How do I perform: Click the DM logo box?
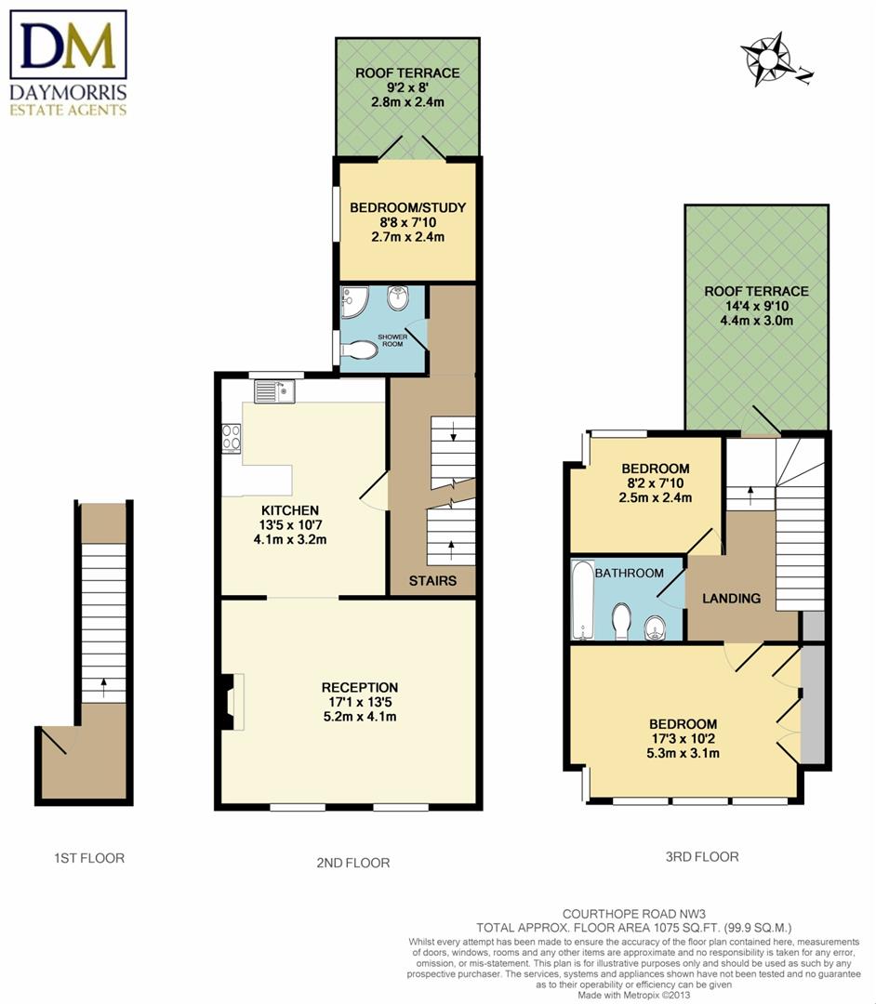68,45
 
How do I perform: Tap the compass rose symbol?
772,59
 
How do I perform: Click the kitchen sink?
274,391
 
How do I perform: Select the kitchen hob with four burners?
232,439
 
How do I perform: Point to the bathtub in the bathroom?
582,600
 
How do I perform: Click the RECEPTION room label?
360,688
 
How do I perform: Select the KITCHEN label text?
290,510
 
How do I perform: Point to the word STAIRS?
432,581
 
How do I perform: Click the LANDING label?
731,598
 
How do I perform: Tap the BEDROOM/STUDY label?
408,207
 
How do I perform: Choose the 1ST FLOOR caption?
89,858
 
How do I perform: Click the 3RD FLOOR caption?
702,857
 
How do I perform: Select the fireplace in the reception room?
232,702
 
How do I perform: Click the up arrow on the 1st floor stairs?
104,688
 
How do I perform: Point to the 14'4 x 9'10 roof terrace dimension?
756,306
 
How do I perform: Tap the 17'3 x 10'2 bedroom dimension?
683,739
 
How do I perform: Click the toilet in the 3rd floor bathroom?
621,622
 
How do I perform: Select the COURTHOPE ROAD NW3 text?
634,915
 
